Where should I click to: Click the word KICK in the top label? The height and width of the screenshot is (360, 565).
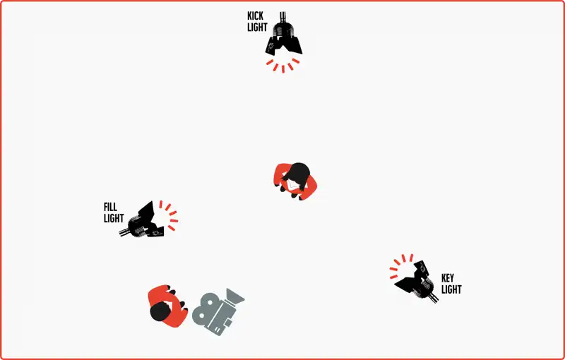255,16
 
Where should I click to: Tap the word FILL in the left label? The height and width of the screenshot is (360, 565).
110,207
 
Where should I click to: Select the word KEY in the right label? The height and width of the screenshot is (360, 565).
448,278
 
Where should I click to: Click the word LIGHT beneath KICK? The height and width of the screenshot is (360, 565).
257,28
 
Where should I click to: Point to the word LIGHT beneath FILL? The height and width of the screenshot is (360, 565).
114,218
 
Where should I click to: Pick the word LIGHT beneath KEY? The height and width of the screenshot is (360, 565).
451,289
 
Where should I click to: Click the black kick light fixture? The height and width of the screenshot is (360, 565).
284,35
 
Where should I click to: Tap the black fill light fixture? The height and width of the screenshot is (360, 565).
142,221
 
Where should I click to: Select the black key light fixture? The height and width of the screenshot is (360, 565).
418,281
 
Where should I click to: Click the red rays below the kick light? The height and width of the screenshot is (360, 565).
283,66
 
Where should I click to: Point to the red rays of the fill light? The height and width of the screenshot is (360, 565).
169,215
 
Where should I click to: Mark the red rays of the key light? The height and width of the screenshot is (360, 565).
400,265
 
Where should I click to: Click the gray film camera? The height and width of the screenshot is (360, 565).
218,312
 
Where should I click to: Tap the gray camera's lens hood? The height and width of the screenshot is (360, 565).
235,297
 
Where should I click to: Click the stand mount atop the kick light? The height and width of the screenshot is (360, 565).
283,16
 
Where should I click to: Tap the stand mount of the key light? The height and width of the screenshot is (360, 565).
434,298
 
